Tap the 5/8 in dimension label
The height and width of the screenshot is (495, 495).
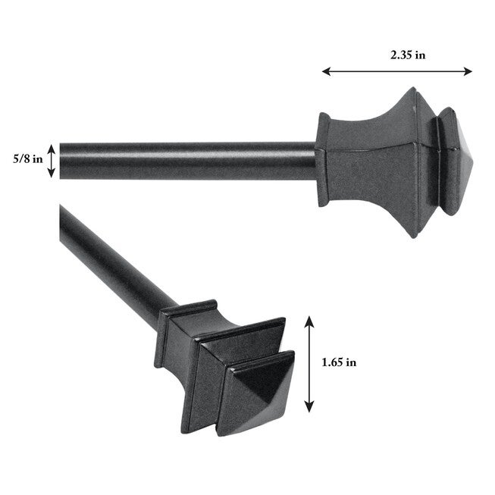click(27, 160)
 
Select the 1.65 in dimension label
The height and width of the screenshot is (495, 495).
click(339, 362)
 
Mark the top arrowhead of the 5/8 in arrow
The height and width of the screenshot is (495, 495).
click(52, 146)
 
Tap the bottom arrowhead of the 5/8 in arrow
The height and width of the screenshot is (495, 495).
click(52, 174)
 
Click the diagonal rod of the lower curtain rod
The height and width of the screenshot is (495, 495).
click(114, 257)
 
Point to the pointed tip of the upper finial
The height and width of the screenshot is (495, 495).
click(470, 162)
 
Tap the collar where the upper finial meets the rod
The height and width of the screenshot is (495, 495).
click(323, 160)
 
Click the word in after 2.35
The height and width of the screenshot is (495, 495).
click(419, 54)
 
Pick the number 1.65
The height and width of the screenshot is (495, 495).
click(332, 362)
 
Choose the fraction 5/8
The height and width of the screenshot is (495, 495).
click(20, 160)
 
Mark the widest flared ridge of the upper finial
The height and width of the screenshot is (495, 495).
click(414, 162)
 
